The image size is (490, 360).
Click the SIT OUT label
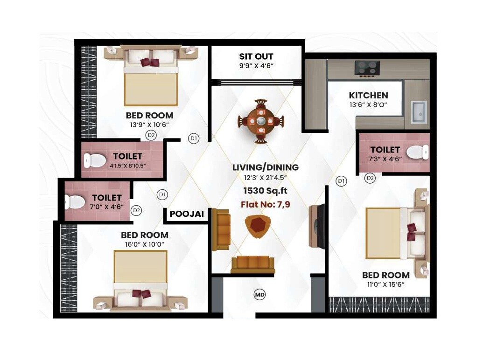(256, 56)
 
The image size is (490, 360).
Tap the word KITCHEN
(368, 95)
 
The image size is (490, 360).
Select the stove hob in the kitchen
(367, 68)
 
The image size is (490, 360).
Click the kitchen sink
(419, 112)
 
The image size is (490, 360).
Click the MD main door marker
(259, 294)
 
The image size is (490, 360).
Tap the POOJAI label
(187, 214)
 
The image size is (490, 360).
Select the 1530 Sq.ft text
(266, 191)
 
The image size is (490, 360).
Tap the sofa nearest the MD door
(253, 264)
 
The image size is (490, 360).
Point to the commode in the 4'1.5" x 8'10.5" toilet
(94, 160)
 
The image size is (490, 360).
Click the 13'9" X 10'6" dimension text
(149, 125)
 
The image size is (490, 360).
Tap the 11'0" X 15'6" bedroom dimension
(385, 285)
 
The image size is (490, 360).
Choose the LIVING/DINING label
(266, 167)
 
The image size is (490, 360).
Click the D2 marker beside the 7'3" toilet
(370, 178)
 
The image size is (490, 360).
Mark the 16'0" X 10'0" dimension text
(145, 244)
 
